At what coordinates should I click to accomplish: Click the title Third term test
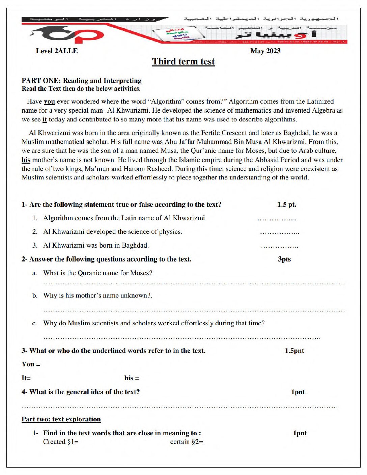point(183,61)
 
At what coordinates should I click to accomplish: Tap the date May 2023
point(265,51)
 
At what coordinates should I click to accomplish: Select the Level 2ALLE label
point(57,51)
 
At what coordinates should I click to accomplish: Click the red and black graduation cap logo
point(67,34)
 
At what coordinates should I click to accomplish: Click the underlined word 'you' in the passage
point(49,102)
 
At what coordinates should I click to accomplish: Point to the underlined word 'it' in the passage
point(45,119)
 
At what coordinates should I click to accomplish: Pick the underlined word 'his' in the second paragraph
point(26,160)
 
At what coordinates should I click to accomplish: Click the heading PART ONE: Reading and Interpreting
point(81,81)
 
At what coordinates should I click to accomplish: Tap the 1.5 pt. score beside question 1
point(287,204)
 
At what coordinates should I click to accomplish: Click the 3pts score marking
point(284,259)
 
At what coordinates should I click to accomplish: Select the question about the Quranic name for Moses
point(97,273)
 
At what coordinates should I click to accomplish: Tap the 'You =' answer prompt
point(31,364)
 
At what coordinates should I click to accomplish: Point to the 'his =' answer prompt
point(132,378)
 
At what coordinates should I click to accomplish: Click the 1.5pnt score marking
point(294,351)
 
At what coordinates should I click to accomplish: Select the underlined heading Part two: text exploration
point(61,419)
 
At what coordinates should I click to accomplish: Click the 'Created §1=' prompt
point(61,442)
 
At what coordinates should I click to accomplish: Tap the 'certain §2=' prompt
point(187,442)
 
